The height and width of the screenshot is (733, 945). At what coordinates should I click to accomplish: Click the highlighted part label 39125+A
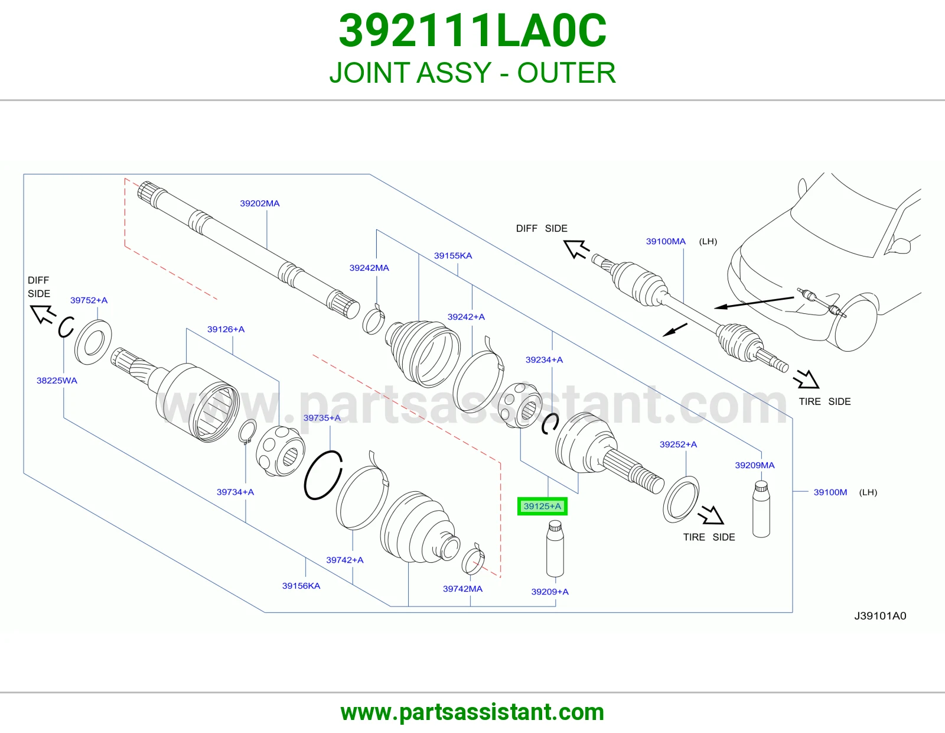(x=542, y=506)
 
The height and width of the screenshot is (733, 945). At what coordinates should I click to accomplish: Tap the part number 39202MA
(x=260, y=203)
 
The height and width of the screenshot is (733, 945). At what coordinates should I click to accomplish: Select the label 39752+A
(x=89, y=300)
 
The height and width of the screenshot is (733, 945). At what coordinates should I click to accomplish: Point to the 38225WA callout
(x=57, y=381)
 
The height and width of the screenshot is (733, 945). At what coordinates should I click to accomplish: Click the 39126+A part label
(x=226, y=329)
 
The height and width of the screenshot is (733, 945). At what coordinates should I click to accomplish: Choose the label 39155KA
(x=452, y=255)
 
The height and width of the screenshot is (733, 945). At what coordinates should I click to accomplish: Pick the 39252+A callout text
(x=678, y=444)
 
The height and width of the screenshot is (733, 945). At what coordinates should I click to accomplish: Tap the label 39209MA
(x=754, y=465)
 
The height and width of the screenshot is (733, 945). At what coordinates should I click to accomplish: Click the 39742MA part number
(x=462, y=589)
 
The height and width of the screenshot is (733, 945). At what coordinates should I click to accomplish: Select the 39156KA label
(x=301, y=585)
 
